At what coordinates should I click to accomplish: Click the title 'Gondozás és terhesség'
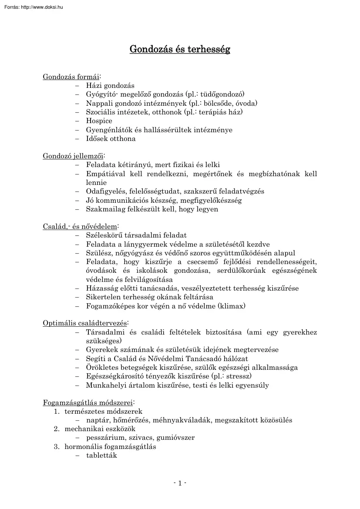[x=180, y=49]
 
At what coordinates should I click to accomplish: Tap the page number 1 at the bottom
[x=180, y=483]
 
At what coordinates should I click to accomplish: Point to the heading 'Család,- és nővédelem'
[x=80, y=226]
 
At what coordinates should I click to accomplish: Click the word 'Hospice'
[x=99, y=121]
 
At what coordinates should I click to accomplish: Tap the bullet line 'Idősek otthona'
[x=111, y=139]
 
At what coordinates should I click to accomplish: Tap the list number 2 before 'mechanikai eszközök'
[x=56, y=429]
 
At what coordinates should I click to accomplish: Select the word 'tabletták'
[x=101, y=455]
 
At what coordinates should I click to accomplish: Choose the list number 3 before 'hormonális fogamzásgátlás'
[x=56, y=446]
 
